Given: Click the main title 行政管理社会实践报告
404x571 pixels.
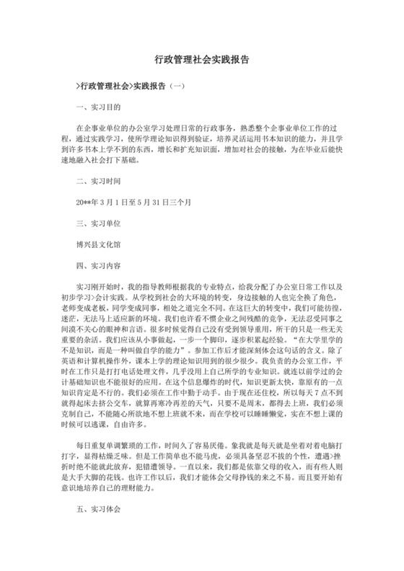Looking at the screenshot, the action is coord(202,63).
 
